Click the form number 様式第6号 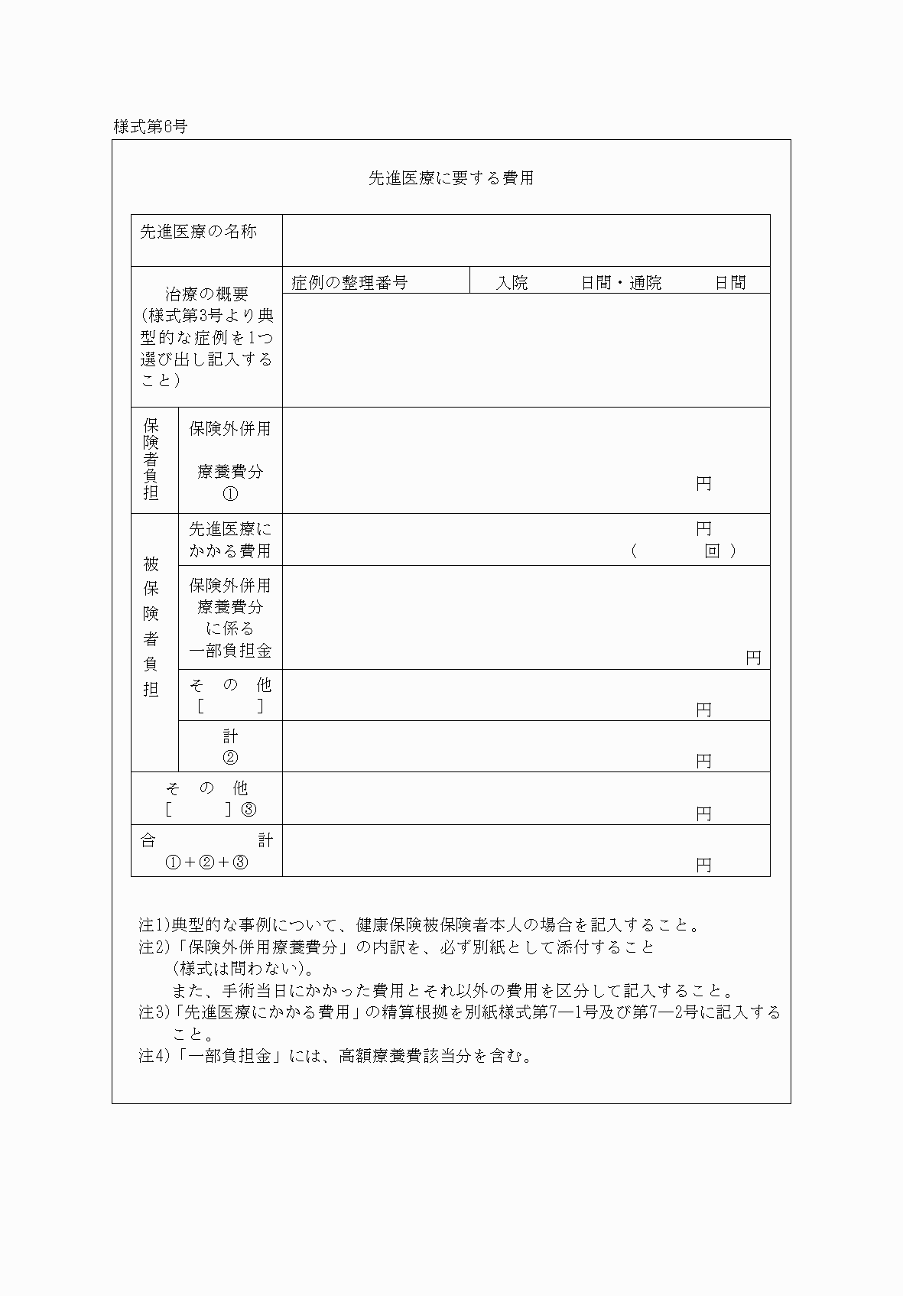[x=150, y=127]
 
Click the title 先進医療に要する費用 [x=451, y=178]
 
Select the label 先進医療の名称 [x=198, y=231]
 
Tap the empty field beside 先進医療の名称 [x=526, y=240]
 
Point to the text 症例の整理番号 [x=349, y=282]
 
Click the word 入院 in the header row [x=512, y=282]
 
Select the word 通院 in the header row [x=645, y=282]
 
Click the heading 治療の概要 [x=207, y=294]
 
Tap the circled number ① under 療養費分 [x=230, y=493]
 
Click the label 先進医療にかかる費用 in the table [x=230, y=539]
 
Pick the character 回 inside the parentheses [x=712, y=551]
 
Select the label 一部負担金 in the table [x=230, y=651]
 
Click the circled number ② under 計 [x=230, y=757]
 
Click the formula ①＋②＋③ [x=207, y=862]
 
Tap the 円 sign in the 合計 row [x=703, y=865]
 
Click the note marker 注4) [x=155, y=1056]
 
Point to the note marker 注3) [x=155, y=1012]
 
